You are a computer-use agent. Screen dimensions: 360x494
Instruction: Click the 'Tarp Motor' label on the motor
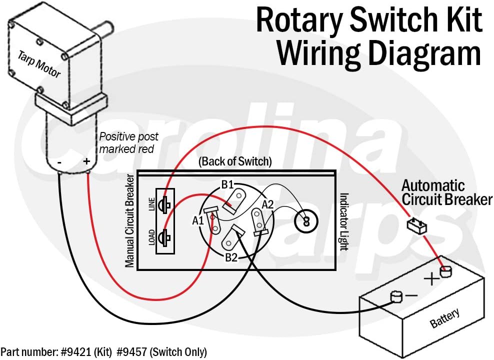pyautogui.click(x=39, y=64)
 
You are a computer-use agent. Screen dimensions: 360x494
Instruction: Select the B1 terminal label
pyautogui.click(x=227, y=185)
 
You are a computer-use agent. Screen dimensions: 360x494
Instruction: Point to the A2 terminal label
pyautogui.click(x=268, y=203)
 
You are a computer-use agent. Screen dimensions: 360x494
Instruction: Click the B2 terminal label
pyautogui.click(x=230, y=258)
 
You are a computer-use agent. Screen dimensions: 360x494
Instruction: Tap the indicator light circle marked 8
pyautogui.click(x=306, y=219)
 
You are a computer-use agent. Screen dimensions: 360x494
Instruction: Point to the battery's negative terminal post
pyautogui.click(x=396, y=297)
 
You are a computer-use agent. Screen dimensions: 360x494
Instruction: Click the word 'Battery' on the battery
pyautogui.click(x=444, y=318)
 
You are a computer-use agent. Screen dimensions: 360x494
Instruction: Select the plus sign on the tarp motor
pyautogui.click(x=86, y=161)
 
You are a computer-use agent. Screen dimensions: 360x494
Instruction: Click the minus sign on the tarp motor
pyautogui.click(x=59, y=162)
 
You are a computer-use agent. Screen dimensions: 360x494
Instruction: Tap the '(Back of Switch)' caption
pyautogui.click(x=235, y=161)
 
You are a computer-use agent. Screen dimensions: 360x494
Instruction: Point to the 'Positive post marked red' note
pyautogui.click(x=128, y=142)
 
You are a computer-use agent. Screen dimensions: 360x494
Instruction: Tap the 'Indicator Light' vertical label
pyautogui.click(x=344, y=221)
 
